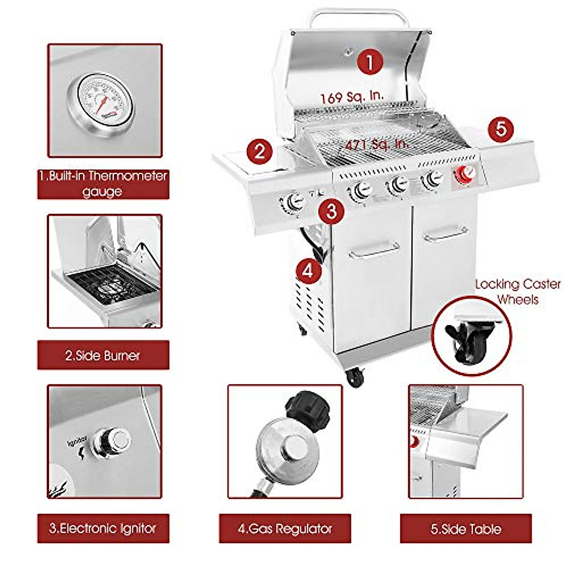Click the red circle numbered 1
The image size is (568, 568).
point(370,62)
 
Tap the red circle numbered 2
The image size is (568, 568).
point(259,151)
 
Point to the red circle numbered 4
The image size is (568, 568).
point(308,271)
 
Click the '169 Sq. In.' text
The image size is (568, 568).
point(352,97)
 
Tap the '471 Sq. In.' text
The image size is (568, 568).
point(376,144)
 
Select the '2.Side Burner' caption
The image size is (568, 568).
point(103,355)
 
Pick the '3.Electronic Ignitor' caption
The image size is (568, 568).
point(103,528)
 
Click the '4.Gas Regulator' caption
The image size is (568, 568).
point(284,528)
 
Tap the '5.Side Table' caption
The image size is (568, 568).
point(466,529)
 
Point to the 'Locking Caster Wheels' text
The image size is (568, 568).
point(518,292)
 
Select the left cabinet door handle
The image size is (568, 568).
point(373,251)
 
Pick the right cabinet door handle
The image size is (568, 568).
point(446,233)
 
